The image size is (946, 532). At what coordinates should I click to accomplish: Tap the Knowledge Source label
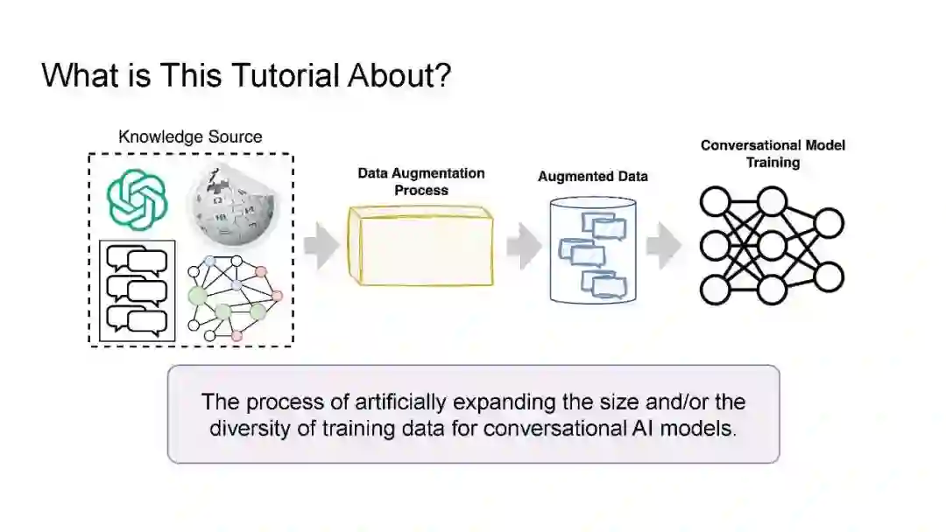pyautogui.click(x=190, y=136)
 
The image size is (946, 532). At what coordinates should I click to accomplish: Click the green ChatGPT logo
pyautogui.click(x=137, y=200)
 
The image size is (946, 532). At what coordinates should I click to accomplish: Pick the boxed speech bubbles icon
pyautogui.click(x=138, y=290)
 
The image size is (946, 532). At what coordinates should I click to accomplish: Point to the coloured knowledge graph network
pyautogui.click(x=235, y=297)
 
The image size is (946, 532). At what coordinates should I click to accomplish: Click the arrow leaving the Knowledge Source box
pyautogui.click(x=321, y=247)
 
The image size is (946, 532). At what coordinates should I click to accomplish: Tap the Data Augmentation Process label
pyautogui.click(x=421, y=181)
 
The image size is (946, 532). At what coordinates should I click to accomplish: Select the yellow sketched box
pyautogui.click(x=420, y=246)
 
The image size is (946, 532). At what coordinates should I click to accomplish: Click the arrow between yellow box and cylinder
pyautogui.click(x=524, y=247)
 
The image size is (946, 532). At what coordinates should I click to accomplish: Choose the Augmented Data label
pyautogui.click(x=593, y=177)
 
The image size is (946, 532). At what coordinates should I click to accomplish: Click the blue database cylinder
pyautogui.click(x=592, y=248)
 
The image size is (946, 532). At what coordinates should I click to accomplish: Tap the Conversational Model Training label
pyautogui.click(x=773, y=153)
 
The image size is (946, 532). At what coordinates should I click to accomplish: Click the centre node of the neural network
pyautogui.click(x=772, y=246)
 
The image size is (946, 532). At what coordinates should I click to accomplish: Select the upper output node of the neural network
pyautogui.click(x=828, y=223)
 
